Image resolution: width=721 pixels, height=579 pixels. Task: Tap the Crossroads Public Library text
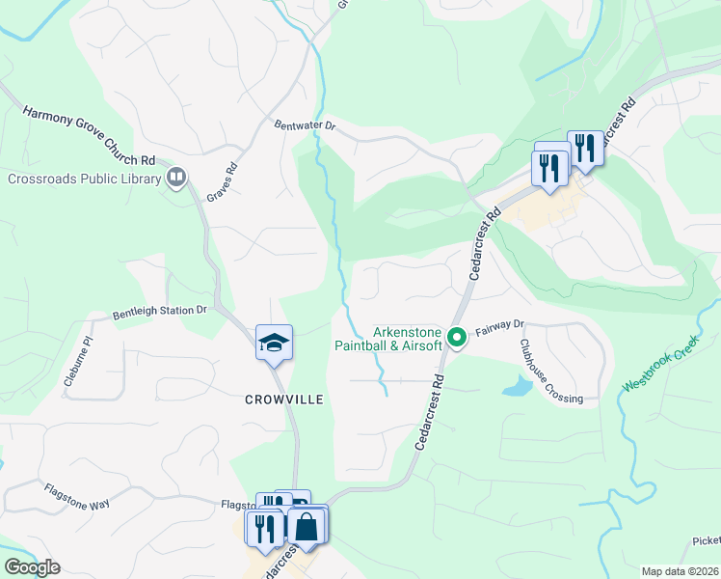pos(84,179)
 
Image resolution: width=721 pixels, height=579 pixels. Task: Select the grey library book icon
pos(175,177)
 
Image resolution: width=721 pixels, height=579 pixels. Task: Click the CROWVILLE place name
pos(283,399)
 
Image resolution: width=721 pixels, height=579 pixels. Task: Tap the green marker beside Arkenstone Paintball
pos(457,338)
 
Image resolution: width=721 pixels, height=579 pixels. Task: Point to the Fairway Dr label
pos(498,326)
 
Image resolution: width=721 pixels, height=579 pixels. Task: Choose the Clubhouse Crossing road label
pos(550,372)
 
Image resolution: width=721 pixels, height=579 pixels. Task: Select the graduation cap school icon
pos(274,342)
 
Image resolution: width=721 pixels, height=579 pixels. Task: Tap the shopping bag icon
pos(307,528)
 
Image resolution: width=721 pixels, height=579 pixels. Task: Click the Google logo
pos(32,567)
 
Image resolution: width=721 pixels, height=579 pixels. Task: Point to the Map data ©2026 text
pos(680,571)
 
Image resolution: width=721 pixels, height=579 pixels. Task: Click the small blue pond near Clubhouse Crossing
pos(518,388)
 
